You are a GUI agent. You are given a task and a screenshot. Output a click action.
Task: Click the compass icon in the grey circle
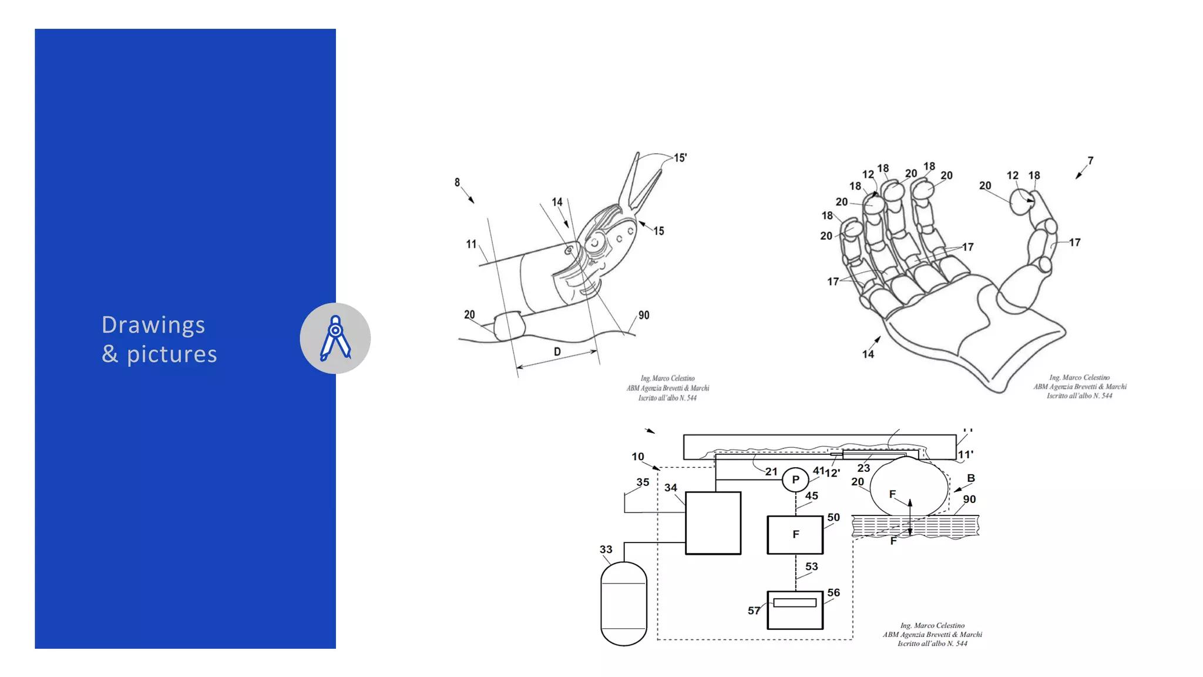click(x=335, y=338)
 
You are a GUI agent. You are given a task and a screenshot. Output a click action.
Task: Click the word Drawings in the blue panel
click(x=153, y=325)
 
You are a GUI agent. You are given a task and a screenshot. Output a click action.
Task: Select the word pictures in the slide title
click(x=172, y=354)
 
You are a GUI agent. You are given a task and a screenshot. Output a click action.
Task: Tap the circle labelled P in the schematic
click(x=795, y=480)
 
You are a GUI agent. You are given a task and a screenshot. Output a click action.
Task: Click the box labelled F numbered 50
click(x=795, y=535)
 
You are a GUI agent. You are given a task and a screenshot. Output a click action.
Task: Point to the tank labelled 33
click(x=623, y=604)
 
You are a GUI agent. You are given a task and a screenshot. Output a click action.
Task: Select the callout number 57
click(x=754, y=611)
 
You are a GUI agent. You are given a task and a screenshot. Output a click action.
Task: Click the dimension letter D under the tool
click(x=557, y=351)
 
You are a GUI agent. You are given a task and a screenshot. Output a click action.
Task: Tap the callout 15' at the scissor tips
click(x=680, y=158)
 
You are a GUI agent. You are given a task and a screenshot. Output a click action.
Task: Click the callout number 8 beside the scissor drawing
click(x=457, y=183)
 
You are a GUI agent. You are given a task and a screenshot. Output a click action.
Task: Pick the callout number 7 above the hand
click(x=1090, y=161)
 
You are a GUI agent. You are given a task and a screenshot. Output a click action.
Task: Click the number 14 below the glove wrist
click(x=868, y=354)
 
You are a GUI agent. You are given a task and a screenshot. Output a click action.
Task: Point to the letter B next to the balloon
click(x=971, y=478)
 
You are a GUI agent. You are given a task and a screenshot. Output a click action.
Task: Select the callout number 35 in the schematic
click(x=643, y=482)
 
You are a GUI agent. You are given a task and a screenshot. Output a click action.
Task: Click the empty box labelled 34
click(x=713, y=523)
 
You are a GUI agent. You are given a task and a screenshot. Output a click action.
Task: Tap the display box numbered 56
click(x=795, y=610)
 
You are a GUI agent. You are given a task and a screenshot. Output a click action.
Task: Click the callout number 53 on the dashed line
click(x=811, y=567)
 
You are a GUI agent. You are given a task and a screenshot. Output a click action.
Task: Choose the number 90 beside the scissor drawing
click(x=644, y=316)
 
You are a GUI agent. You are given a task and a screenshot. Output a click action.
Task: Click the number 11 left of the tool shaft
click(x=471, y=244)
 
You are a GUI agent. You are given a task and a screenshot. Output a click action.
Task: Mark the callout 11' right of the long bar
click(x=965, y=455)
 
